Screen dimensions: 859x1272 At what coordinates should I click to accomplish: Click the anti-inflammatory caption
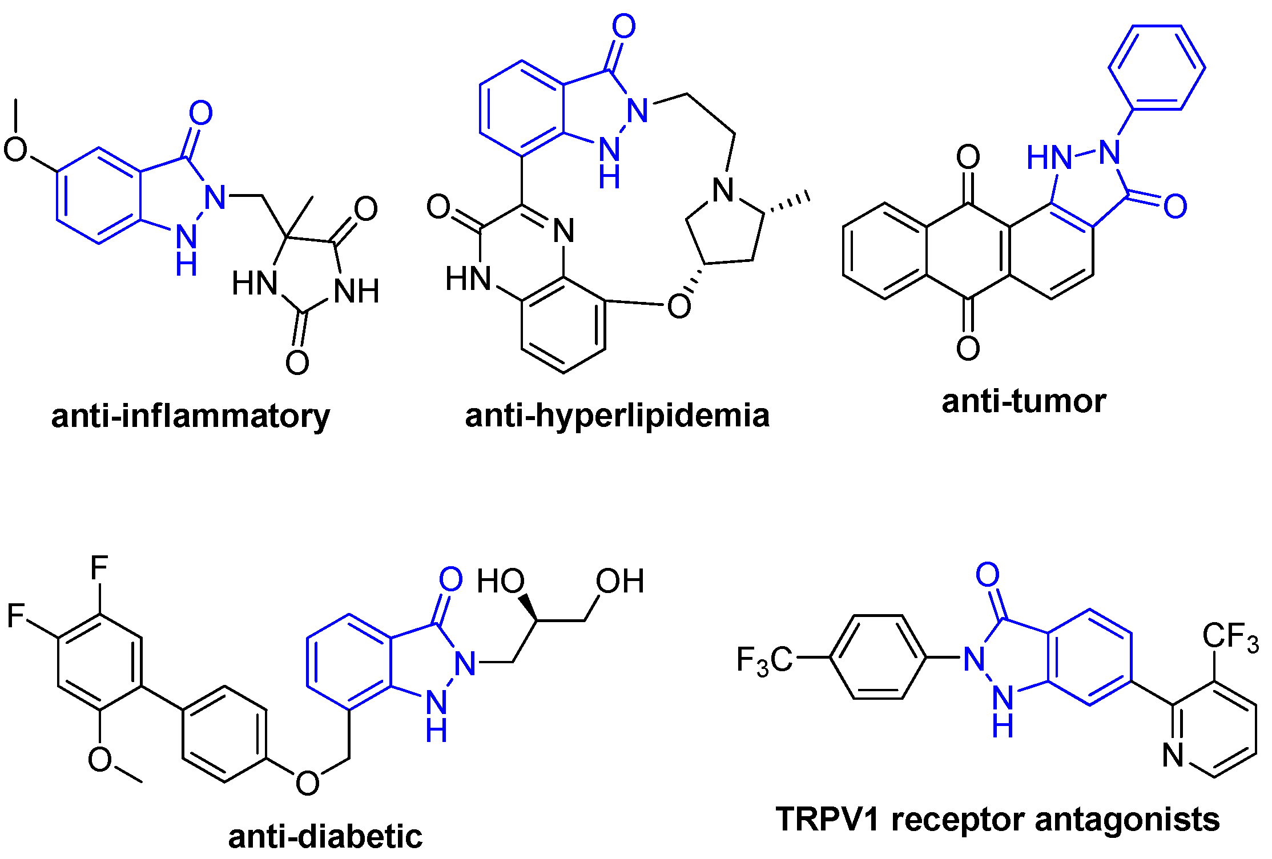190,416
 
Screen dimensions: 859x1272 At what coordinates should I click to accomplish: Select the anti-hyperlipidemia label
617,415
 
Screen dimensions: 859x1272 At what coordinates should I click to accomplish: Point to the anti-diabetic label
325,836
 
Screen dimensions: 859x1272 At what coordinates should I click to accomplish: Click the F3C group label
764,661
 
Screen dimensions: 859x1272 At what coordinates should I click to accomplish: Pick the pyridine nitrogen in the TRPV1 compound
1173,755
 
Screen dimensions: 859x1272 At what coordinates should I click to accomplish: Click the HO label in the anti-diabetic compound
501,581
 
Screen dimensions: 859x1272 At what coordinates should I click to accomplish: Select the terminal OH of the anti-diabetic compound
620,581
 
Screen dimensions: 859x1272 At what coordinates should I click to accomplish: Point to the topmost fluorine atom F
99,568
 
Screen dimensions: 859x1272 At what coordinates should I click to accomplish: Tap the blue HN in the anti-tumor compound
1049,157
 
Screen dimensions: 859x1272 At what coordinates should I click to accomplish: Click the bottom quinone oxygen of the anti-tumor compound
968,348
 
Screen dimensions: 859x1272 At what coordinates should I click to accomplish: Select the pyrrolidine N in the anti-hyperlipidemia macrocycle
724,190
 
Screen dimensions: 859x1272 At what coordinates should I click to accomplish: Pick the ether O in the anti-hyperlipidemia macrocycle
679,306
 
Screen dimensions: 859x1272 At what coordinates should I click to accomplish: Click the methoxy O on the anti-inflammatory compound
15,150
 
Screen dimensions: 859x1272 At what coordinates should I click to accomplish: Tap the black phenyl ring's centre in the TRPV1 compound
878,657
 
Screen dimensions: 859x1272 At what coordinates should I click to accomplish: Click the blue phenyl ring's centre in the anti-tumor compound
1157,67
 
